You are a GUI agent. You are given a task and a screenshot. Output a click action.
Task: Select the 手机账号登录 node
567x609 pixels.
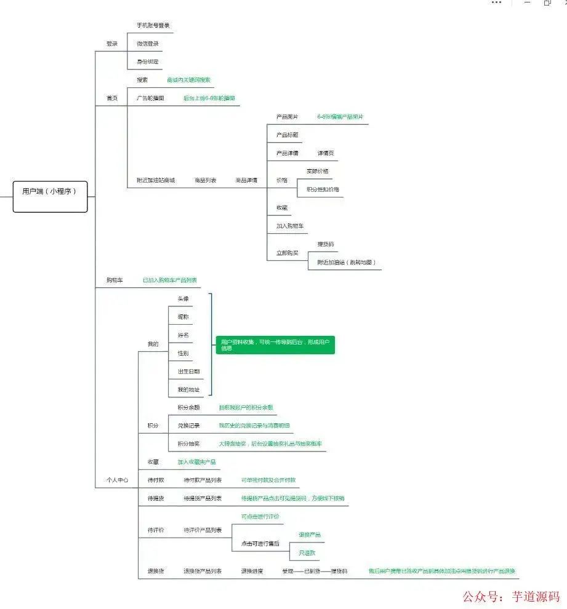pos(153,26)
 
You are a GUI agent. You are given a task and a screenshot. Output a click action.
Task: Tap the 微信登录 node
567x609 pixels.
pos(148,44)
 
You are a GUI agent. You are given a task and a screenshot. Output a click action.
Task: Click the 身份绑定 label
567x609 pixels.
pos(148,62)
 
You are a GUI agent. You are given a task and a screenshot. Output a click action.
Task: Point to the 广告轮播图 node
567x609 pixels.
pos(150,98)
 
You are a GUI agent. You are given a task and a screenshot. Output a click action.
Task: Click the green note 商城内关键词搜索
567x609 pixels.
pos(188,80)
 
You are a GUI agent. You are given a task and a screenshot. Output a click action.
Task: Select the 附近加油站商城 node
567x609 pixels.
pos(156,180)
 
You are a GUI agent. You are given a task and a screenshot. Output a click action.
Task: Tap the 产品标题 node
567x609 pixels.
pos(287,135)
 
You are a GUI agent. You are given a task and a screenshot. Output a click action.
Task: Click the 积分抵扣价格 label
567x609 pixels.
pos(323,189)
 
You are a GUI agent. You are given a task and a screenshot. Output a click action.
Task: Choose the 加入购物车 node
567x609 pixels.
pos(289,226)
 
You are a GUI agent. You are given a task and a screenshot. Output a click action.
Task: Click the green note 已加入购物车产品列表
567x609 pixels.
pos(170,280)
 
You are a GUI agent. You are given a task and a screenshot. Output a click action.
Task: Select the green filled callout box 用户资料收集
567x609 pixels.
pos(275,344)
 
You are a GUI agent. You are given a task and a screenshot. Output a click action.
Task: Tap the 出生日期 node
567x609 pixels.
pos(188,372)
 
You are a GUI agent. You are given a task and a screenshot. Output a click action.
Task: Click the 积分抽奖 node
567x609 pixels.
pos(188,444)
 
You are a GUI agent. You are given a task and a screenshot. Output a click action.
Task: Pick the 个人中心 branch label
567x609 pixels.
pos(116,480)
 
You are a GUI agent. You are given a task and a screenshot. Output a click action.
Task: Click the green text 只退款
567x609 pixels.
pos(307,553)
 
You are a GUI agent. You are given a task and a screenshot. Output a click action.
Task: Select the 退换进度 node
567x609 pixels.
pos(252,571)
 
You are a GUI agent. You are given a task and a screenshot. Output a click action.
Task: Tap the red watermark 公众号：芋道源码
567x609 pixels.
pos(511,596)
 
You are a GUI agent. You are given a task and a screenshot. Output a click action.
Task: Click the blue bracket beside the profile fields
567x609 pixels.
pos(211,344)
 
